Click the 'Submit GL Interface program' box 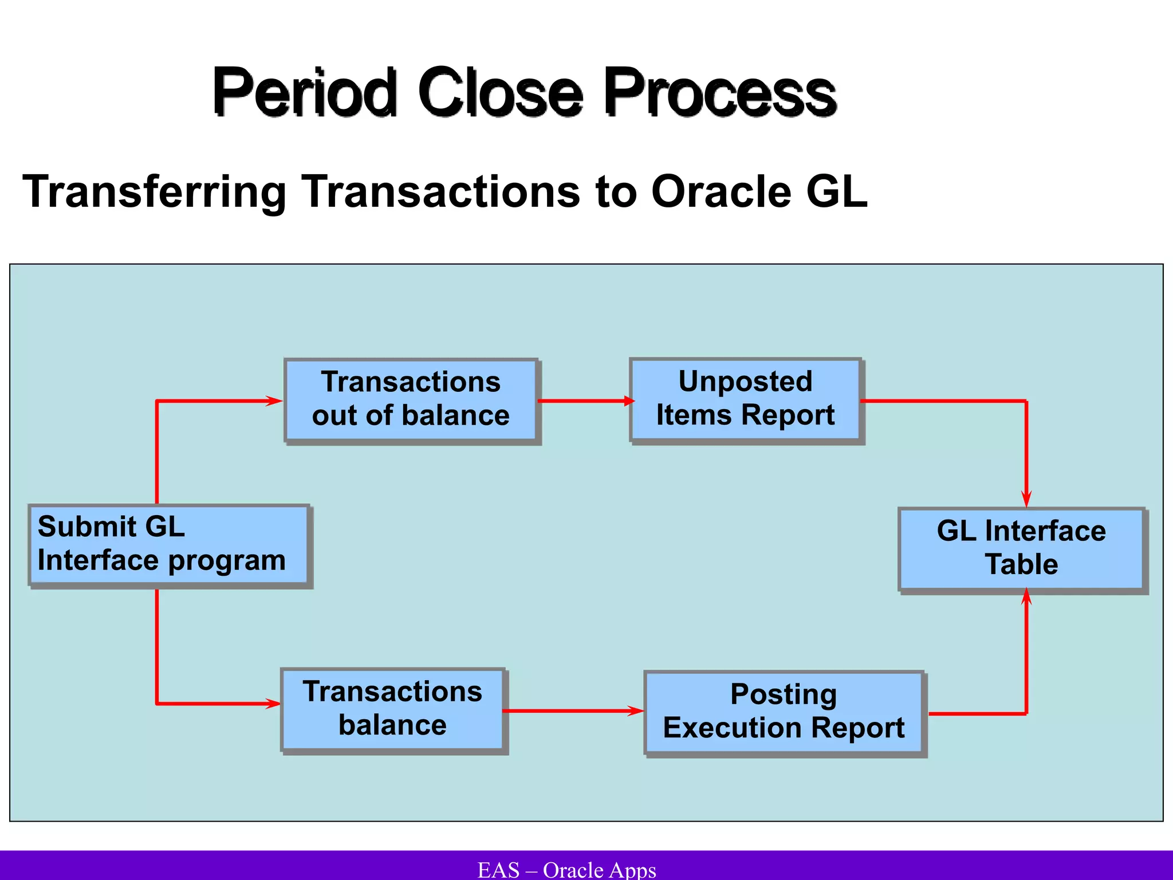[x=168, y=544]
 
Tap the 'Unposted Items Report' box [x=745, y=399]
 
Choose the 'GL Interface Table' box [x=1021, y=548]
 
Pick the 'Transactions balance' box [x=392, y=709]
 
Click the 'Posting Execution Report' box [x=784, y=712]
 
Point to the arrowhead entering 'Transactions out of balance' [x=274, y=401]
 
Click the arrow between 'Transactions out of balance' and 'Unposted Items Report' [x=584, y=401]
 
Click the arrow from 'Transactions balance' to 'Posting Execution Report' [x=573, y=711]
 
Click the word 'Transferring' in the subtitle [x=154, y=192]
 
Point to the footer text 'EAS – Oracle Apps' [x=566, y=870]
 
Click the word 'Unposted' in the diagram [x=745, y=382]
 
